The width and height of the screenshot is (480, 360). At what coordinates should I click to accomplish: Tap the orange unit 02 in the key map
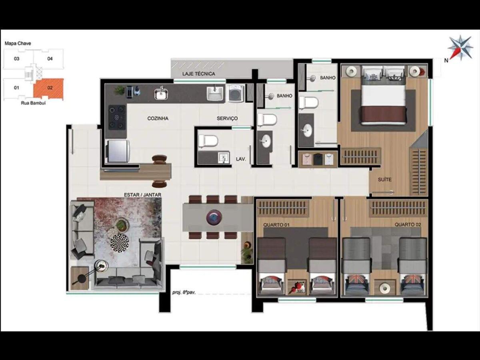48,88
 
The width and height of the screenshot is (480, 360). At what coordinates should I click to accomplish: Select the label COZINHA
158,118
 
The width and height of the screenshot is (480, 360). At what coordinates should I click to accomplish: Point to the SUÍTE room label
384,180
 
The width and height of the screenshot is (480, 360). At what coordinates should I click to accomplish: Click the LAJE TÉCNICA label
198,74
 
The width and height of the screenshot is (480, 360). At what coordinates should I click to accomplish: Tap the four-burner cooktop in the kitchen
117,117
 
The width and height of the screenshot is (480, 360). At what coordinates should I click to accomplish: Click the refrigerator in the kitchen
118,151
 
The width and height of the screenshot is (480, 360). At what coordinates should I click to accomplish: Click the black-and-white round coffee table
120,243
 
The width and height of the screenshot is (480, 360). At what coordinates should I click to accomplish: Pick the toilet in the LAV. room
208,141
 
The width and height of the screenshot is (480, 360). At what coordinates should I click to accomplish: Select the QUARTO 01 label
276,225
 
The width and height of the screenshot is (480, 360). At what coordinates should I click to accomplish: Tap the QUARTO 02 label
408,225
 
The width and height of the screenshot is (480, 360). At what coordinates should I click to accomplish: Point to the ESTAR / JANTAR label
142,195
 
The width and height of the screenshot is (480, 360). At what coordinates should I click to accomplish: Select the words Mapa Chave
18,43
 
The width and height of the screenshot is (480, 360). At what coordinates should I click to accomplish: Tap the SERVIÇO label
227,118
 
